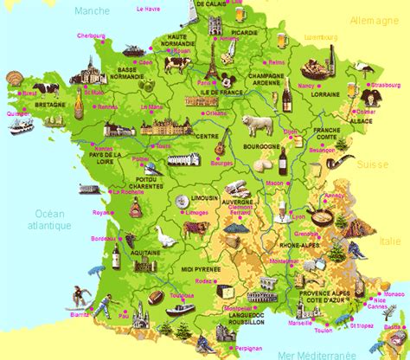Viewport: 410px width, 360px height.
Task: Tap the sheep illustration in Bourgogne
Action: click(257, 125)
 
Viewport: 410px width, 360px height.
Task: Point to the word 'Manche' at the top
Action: click(92, 11)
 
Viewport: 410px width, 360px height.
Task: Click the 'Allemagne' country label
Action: click(372, 18)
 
